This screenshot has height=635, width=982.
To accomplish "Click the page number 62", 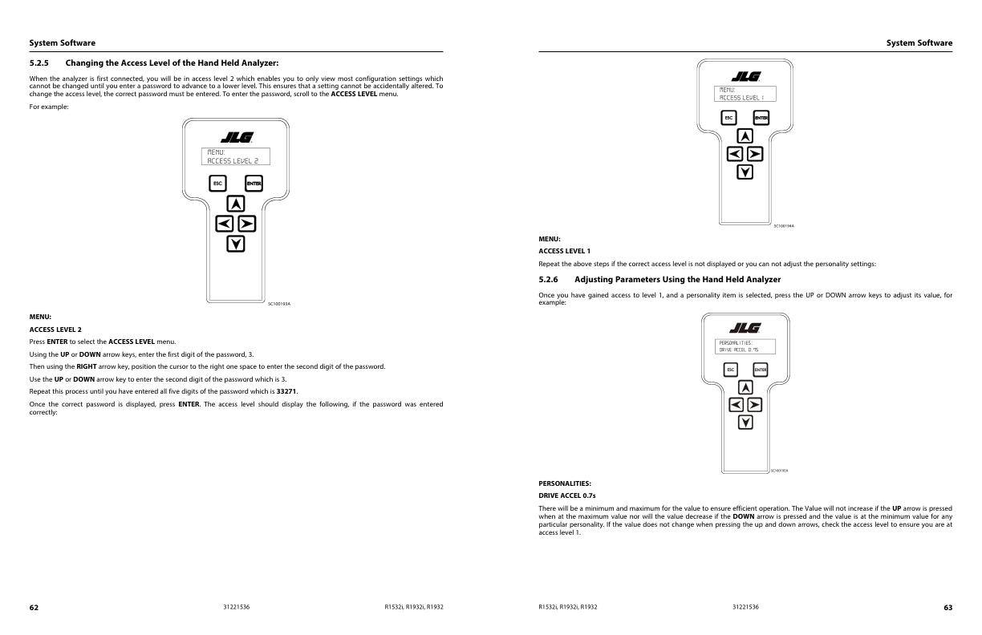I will (34, 607).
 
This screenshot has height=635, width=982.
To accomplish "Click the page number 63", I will (948, 607).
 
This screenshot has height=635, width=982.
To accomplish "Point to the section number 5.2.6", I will (550, 279).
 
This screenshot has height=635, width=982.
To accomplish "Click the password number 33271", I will (287, 391).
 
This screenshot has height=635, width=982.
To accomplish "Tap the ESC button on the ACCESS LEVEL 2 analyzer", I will (217, 184).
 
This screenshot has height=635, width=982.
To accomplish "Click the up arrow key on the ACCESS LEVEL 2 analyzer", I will (235, 204).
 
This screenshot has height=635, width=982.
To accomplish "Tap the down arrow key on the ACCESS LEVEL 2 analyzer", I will (235, 243).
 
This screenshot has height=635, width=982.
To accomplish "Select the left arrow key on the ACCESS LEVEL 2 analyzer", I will (225, 224).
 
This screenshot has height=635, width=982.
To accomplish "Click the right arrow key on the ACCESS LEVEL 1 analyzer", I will (755, 154).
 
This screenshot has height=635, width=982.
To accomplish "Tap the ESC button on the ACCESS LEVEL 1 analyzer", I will (728, 119).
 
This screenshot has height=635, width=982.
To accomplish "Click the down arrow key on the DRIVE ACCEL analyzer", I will (745, 422).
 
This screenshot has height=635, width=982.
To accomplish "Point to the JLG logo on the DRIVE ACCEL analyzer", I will (745, 329).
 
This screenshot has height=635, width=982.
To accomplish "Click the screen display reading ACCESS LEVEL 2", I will (235, 156).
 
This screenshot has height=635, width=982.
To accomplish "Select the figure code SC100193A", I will (278, 303).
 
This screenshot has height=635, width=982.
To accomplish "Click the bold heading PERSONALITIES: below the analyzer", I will (564, 483).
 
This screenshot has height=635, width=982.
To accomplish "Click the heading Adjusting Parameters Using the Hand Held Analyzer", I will (677, 279).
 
